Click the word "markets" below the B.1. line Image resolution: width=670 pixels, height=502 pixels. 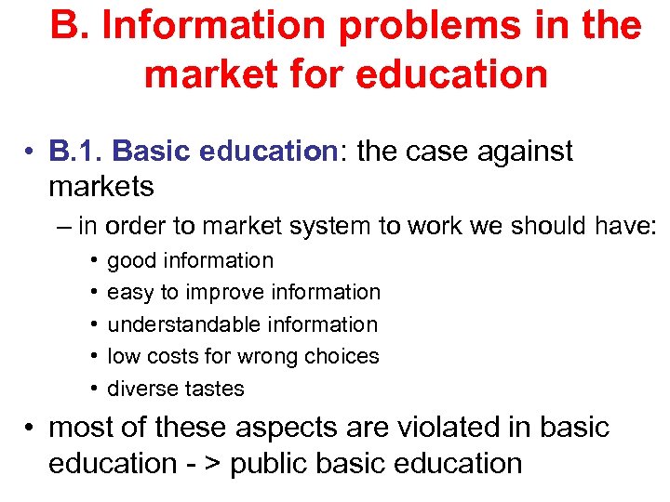tap(101, 186)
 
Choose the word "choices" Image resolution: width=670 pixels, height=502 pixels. tap(343, 356)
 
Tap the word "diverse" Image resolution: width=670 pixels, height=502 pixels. tap(140, 389)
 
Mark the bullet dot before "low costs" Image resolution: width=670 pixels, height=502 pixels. tap(95, 357)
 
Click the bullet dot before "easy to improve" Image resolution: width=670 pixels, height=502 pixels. tap(95, 293)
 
